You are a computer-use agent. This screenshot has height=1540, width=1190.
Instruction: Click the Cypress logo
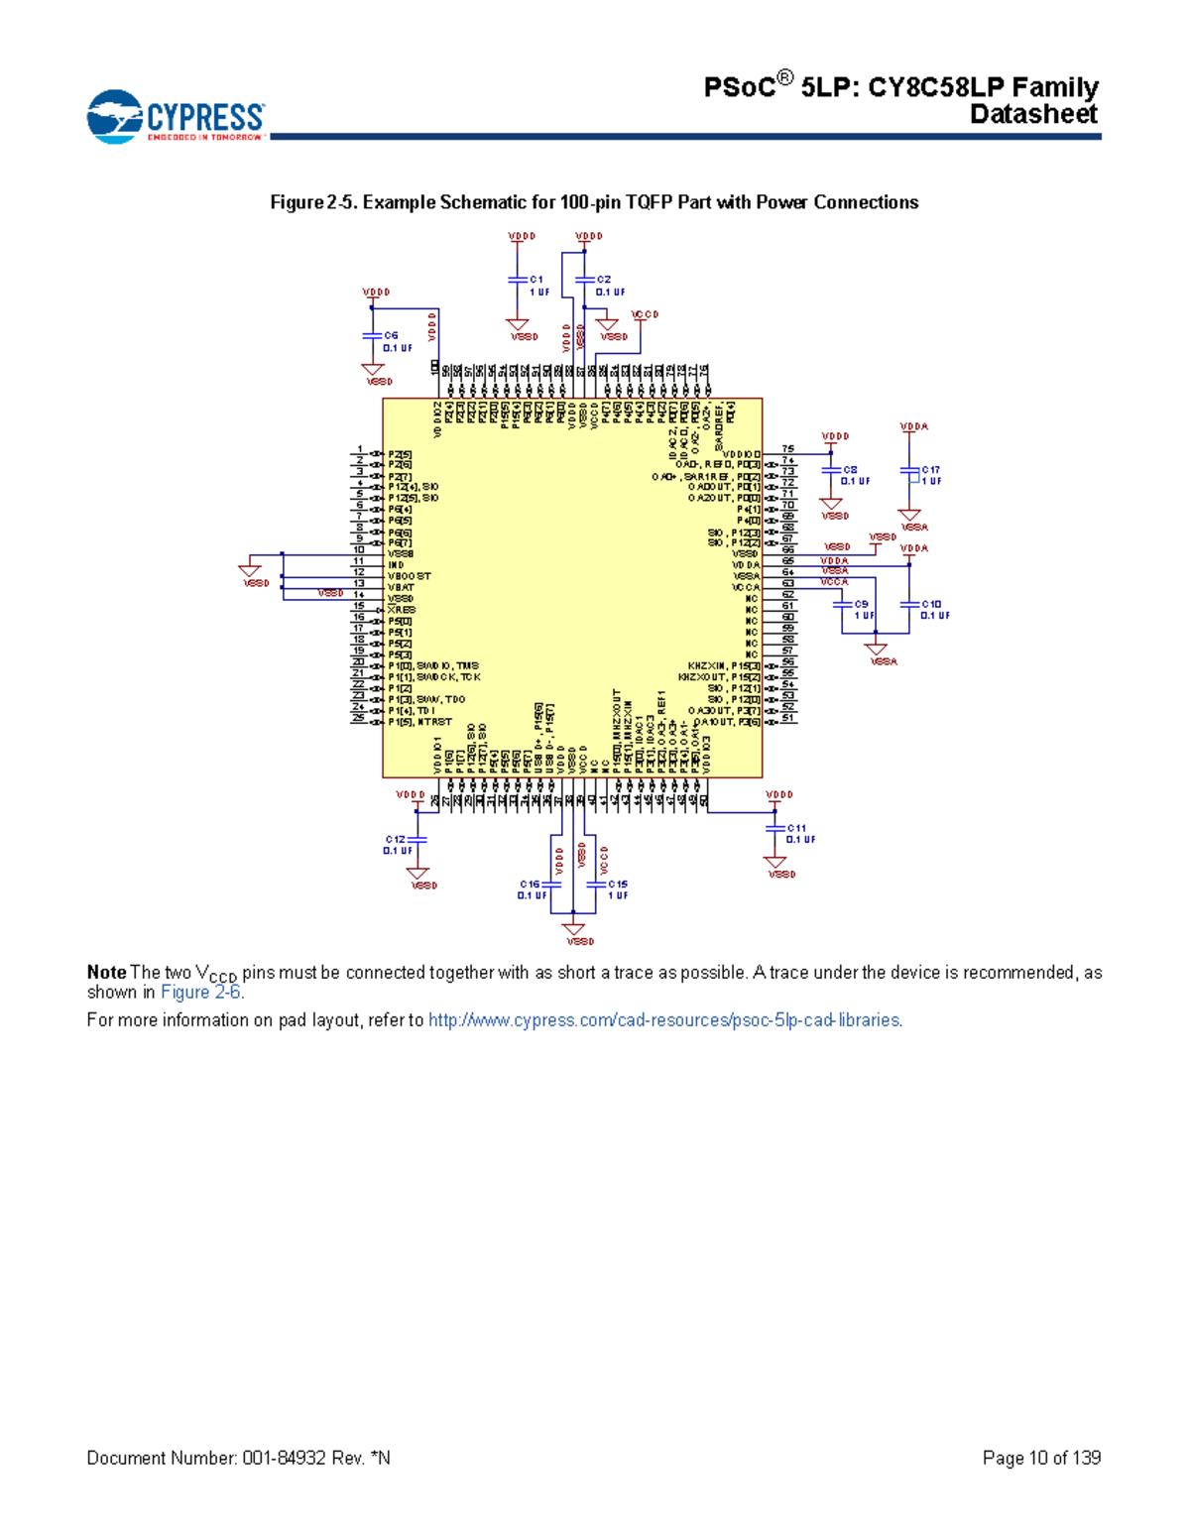176,116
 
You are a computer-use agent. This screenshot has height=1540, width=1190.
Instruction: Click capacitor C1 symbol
517,281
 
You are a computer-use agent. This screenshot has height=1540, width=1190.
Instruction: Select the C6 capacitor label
391,336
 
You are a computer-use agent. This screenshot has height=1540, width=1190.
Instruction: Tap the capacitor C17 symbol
909,470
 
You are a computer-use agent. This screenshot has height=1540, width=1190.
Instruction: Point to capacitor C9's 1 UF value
864,616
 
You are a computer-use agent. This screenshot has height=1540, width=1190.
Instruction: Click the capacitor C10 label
931,604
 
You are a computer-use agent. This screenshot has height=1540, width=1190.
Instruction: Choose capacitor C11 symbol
774,828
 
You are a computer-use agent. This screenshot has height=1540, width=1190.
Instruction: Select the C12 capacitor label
395,840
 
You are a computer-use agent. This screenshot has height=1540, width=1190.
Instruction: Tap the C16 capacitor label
530,885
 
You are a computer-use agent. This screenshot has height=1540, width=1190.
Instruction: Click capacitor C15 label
618,885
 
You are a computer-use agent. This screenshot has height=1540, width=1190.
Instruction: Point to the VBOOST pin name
410,576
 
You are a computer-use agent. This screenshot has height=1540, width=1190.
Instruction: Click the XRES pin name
402,610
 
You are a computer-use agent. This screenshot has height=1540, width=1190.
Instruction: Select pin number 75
787,449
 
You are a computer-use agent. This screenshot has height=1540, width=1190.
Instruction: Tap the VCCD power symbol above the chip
645,314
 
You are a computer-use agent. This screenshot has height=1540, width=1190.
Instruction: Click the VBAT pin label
402,587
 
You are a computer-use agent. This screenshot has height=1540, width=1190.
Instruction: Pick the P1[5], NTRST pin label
420,722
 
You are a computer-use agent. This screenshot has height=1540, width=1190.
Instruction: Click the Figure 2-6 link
200,993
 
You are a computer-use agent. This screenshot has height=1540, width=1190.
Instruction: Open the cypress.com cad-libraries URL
664,1020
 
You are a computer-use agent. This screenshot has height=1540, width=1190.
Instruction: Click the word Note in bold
106,973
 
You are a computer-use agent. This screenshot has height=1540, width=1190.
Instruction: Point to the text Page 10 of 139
1041,1458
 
